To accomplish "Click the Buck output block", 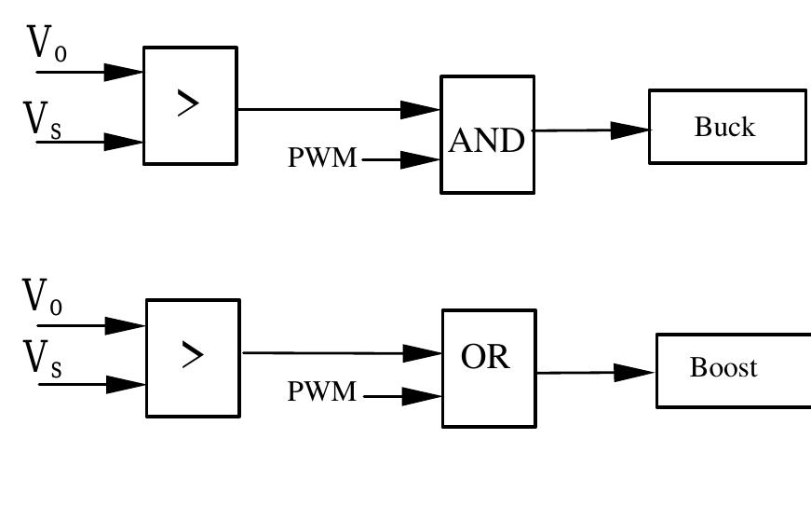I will [x=726, y=127].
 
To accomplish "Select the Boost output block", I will [x=733, y=370].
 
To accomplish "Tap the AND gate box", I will [x=487, y=134].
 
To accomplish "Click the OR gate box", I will [x=489, y=368].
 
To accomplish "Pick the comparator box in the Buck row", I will [x=190, y=105].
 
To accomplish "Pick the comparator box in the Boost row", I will [x=193, y=358].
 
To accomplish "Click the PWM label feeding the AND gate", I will [x=322, y=158].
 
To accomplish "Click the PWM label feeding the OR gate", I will [x=322, y=392].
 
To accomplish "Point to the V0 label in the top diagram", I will [x=47, y=45].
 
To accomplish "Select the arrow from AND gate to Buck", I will [x=590, y=130].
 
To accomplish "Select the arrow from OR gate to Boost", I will [x=596, y=373].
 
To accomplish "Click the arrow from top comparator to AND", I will [x=339, y=109].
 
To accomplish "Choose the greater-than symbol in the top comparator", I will [x=188, y=104].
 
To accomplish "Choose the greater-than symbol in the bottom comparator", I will [x=192, y=355].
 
